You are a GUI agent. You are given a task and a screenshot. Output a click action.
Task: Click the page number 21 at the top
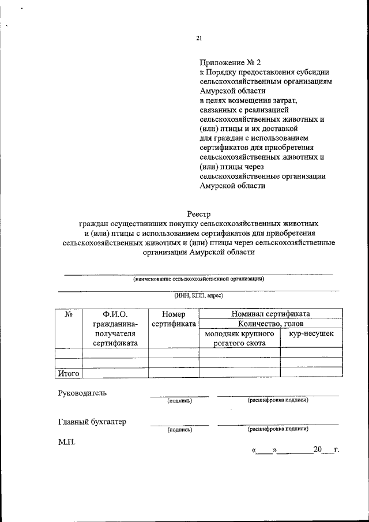click(x=199, y=39)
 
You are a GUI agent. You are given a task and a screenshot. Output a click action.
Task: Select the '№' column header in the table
click(x=68, y=314)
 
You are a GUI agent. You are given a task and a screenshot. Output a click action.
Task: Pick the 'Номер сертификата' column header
click(x=173, y=319)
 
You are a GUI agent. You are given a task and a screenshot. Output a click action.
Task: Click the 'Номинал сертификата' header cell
click(x=270, y=314)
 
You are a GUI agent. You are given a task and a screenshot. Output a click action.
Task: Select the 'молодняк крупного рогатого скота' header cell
click(x=239, y=339)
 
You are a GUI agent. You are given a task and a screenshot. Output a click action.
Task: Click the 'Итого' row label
click(x=68, y=373)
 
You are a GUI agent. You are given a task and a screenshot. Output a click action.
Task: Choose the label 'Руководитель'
click(x=82, y=393)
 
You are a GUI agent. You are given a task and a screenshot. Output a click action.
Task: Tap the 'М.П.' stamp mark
click(x=66, y=443)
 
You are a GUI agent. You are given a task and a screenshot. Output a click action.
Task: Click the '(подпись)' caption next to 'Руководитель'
click(x=179, y=400)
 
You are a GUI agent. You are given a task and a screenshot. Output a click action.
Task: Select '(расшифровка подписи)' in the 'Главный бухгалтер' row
click(x=278, y=429)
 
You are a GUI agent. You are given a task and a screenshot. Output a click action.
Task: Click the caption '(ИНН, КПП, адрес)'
click(x=199, y=295)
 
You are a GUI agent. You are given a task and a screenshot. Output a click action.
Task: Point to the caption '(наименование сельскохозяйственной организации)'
click(x=199, y=279)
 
